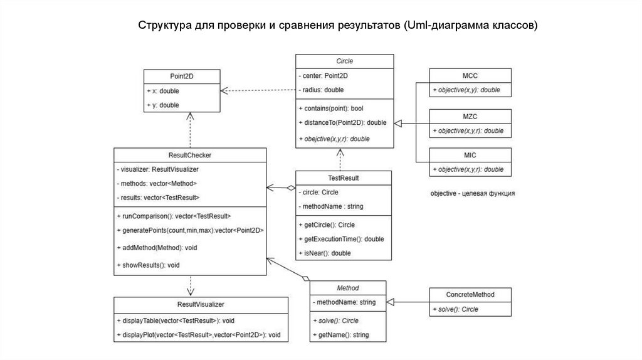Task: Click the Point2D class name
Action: coord(182,77)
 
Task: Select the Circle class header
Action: coord(345,61)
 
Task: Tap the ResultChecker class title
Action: coord(189,154)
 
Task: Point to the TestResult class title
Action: coord(344,178)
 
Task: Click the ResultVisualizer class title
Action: coord(201,304)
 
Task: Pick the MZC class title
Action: coord(470,117)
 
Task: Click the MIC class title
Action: coord(470,156)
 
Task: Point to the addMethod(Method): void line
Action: coord(157,248)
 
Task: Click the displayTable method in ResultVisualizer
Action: coord(176,320)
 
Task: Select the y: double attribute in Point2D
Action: coord(163,105)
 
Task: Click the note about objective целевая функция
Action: coord(473,194)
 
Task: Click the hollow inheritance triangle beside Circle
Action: coord(399,123)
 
